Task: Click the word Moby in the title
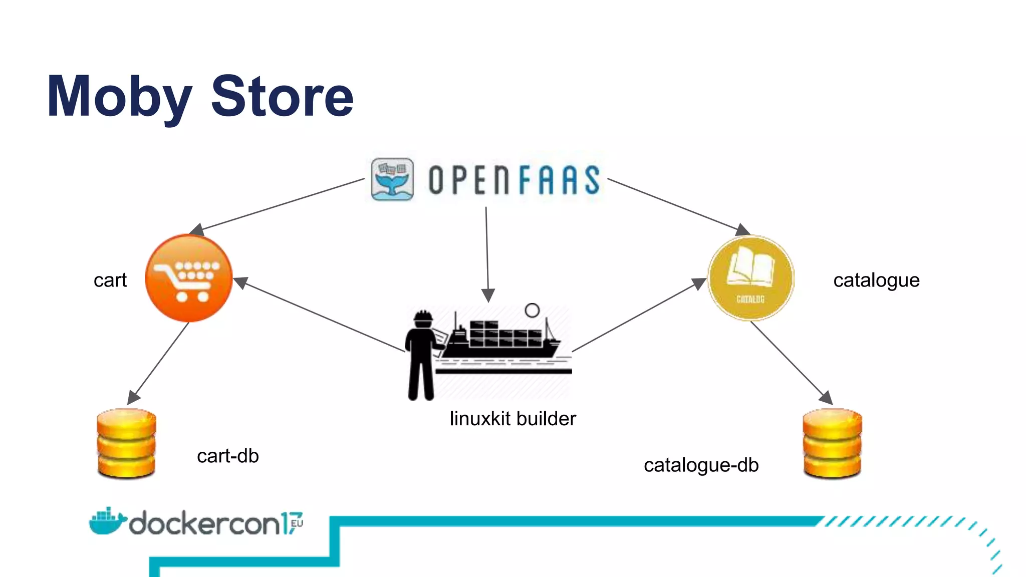119,97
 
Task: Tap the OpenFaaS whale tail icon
392,179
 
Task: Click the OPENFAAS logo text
514,180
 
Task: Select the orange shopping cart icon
189,278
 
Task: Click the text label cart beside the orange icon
110,280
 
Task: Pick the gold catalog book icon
750,278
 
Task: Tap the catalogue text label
876,280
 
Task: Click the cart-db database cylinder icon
126,443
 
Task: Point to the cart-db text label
228,456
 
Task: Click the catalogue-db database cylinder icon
832,443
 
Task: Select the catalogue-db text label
701,465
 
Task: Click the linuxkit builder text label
512,419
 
